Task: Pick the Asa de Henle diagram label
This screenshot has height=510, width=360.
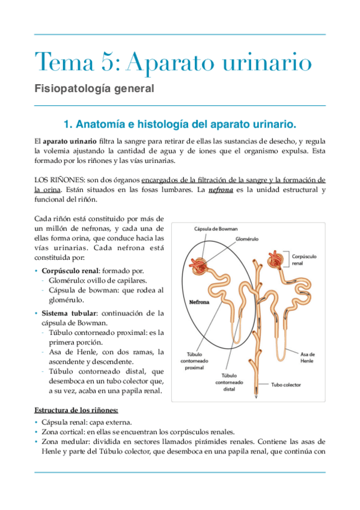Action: point(308,357)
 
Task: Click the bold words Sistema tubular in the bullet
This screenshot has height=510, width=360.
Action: point(67,313)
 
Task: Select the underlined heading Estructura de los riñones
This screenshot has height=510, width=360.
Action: point(75,411)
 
